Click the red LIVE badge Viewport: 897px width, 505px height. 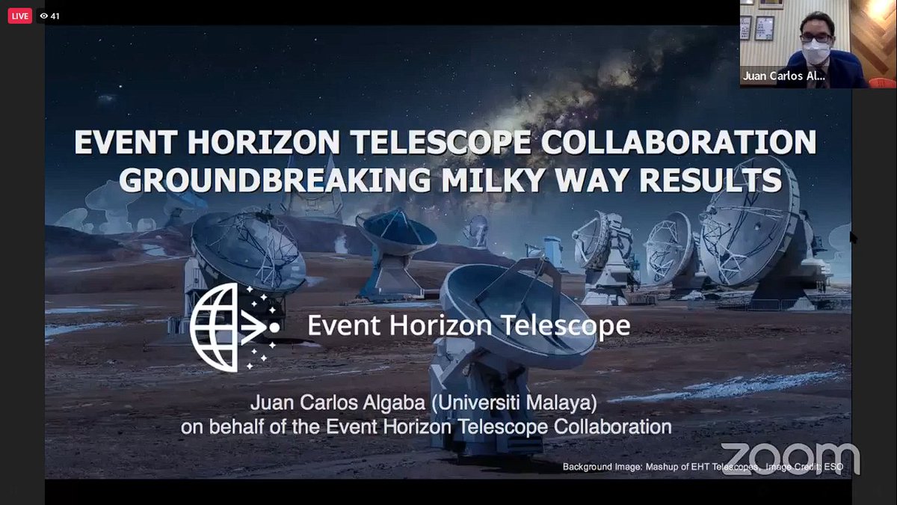pos(19,16)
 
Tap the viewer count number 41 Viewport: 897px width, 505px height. pos(55,16)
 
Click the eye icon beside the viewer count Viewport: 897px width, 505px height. pos(44,16)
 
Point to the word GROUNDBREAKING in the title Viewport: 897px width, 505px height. pos(275,180)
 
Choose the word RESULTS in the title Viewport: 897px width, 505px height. pos(710,180)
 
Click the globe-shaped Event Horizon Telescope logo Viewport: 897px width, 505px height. pos(234,328)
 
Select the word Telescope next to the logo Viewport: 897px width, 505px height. pos(565,325)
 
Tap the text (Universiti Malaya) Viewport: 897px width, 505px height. pos(514,403)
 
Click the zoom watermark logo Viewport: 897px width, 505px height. pos(790,459)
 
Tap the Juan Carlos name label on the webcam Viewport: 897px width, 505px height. pos(783,76)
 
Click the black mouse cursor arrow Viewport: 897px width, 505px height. pos(853,237)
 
